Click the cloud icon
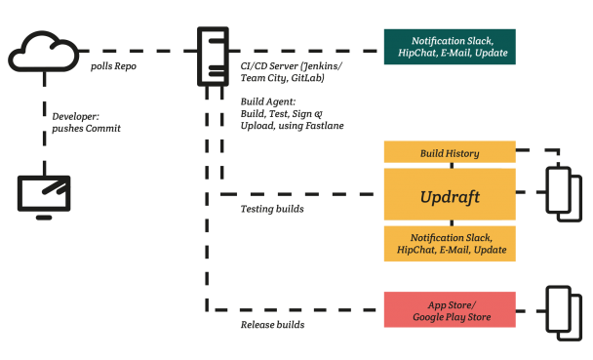coord(42,50)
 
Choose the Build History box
coord(449,153)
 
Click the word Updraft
coord(449,196)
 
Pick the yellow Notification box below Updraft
coord(449,244)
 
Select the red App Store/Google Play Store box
coord(449,309)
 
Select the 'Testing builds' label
coord(272,209)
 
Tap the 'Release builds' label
coord(272,324)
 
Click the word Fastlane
coord(323,125)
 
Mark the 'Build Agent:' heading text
coord(266,101)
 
